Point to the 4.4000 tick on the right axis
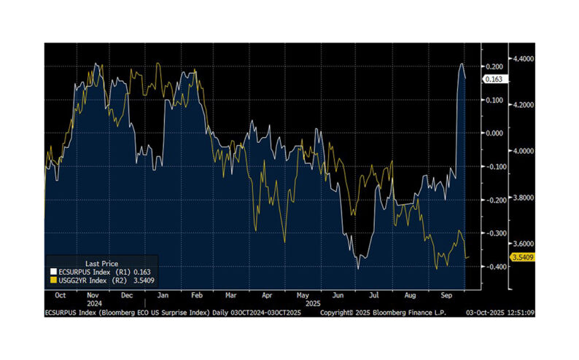[x=524, y=58]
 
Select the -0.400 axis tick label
[x=494, y=267]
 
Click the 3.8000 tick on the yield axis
[x=524, y=197]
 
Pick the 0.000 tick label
[x=495, y=133]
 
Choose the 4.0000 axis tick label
[x=524, y=151]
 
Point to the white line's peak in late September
[x=462, y=64]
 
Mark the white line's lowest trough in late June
[x=358, y=267]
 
